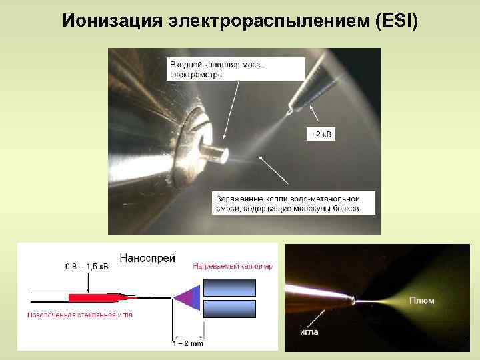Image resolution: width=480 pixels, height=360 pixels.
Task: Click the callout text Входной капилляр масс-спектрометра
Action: [216, 69]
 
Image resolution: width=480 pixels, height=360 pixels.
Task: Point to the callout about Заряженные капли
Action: [287, 203]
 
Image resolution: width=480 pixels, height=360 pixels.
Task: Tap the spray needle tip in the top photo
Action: [288, 112]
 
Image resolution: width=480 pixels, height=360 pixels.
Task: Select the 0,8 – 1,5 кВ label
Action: [87, 267]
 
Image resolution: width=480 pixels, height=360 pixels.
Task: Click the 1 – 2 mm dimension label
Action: [187, 343]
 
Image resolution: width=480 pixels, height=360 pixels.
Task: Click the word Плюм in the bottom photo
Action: [421, 301]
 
